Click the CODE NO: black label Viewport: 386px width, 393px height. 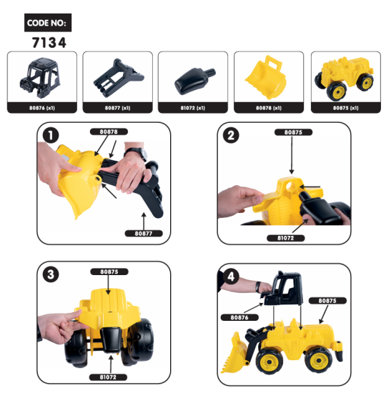point(47,23)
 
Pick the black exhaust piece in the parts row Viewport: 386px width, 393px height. point(191,79)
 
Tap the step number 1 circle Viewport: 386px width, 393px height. point(49,135)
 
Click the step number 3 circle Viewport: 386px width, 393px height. point(49,274)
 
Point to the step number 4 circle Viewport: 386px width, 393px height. point(229,275)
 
